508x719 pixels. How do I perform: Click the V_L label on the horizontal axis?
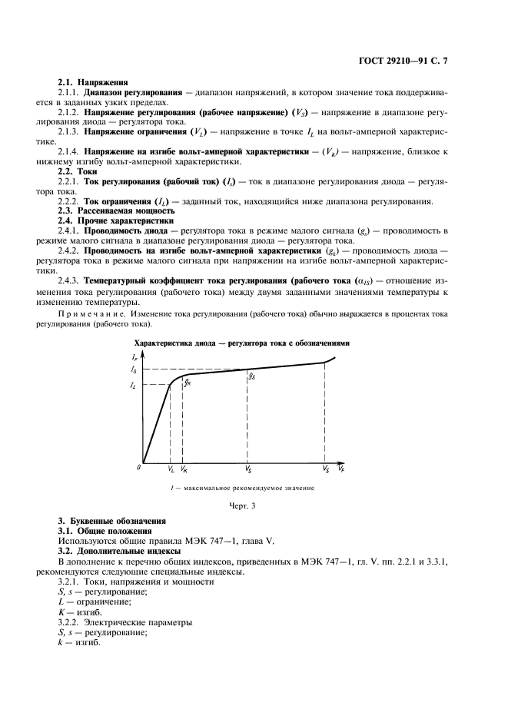coord(171,468)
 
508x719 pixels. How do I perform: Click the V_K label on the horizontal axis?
coord(184,468)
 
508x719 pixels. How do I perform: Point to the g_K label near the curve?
coord(187,383)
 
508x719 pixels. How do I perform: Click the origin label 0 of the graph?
coord(139,467)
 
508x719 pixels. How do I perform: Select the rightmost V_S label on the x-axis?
coord(325,468)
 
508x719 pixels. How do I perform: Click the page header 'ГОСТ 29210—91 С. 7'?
coord(412,60)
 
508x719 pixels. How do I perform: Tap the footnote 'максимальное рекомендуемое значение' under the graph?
coord(245,487)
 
